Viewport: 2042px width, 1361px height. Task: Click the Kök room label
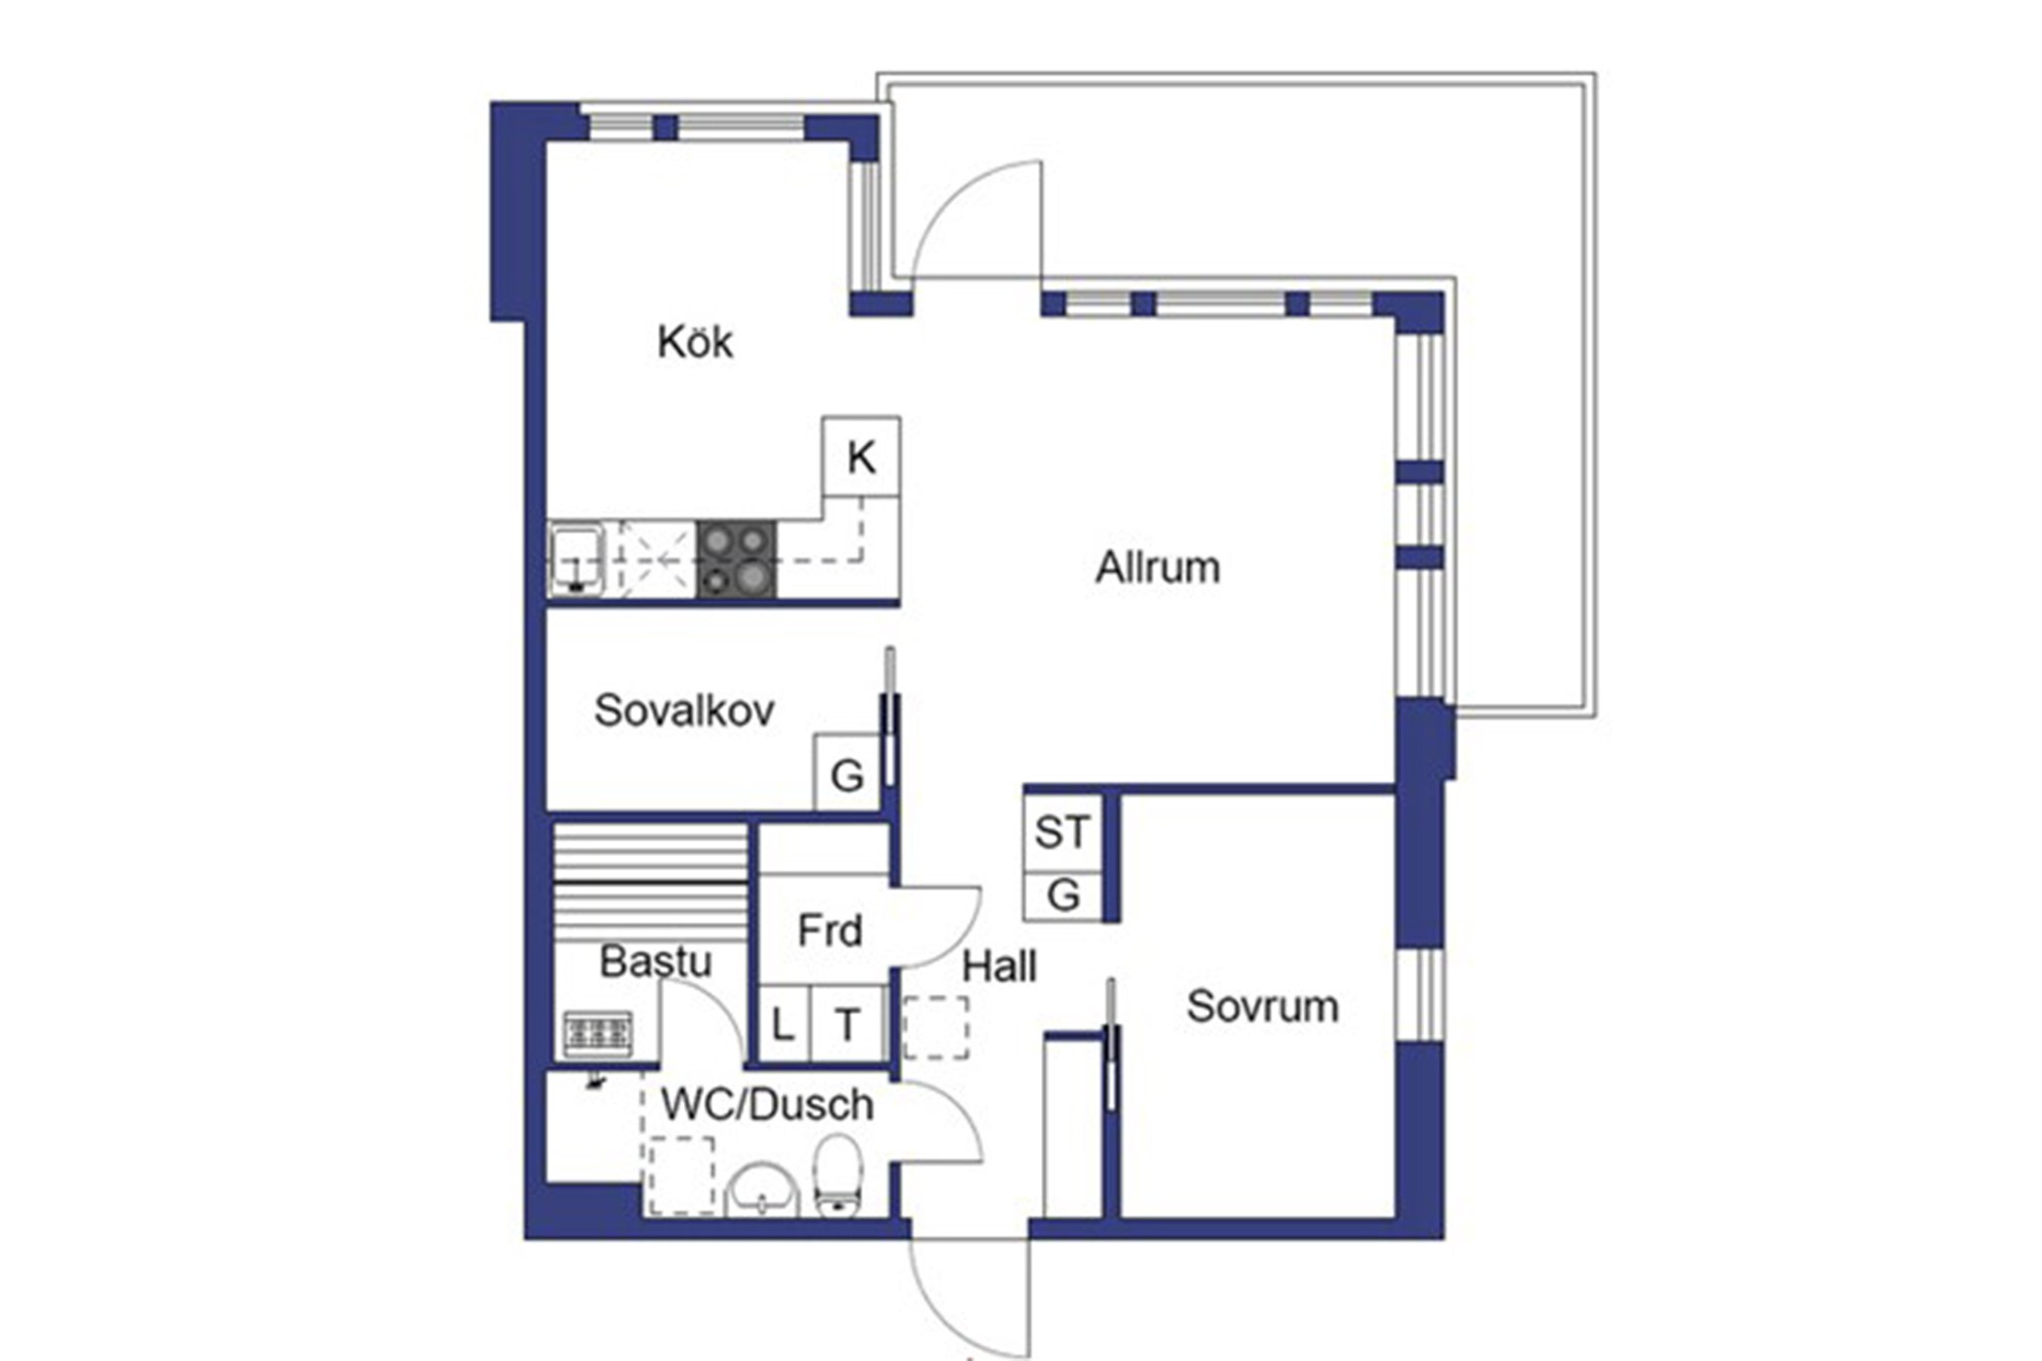[695, 342]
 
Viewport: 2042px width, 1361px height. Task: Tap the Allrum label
[1158, 567]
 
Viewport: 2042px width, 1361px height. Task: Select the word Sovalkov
[684, 711]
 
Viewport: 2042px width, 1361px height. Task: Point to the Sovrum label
[1262, 1006]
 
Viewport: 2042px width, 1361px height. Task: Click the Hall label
[999, 966]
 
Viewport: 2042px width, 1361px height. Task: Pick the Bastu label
[656, 962]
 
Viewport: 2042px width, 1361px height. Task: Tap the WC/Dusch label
[768, 1105]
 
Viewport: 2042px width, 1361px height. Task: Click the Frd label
[830, 930]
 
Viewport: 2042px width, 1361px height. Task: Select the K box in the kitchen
[861, 457]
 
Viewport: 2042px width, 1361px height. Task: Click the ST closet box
[1063, 832]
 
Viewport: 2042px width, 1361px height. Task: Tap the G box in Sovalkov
[848, 773]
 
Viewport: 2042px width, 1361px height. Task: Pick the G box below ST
[1063, 895]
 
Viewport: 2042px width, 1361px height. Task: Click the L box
[785, 1023]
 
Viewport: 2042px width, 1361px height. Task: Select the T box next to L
[848, 1023]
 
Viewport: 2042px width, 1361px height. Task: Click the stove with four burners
[736, 559]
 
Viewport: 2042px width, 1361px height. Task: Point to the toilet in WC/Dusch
[838, 1177]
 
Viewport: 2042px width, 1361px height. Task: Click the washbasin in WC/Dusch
[763, 1191]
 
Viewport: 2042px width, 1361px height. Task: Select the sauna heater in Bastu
[598, 1033]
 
